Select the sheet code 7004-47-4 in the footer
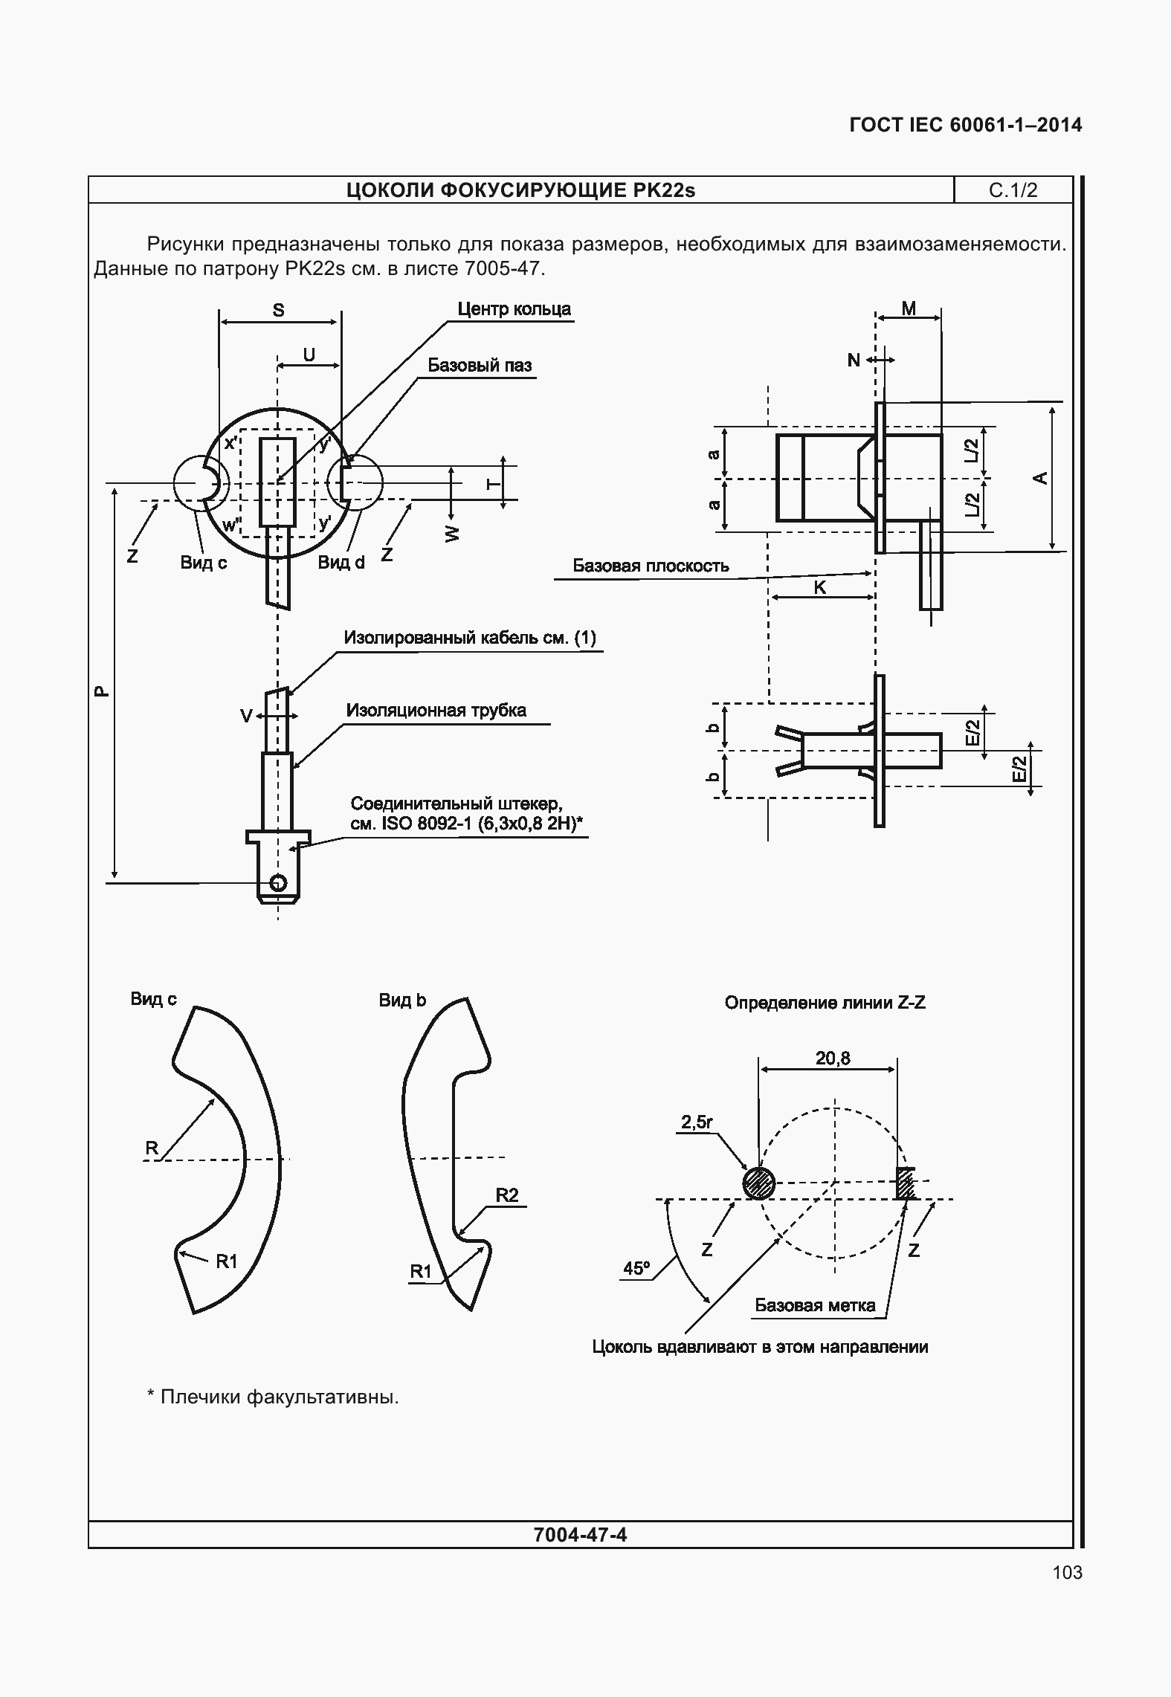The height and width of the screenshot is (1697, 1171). pyautogui.click(x=581, y=1534)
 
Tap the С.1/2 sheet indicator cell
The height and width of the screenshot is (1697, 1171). pyautogui.click(x=1013, y=190)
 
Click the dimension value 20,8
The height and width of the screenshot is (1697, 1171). pyautogui.click(x=833, y=1058)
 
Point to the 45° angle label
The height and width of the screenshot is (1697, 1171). pyautogui.click(x=636, y=1268)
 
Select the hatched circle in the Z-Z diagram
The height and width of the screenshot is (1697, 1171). pyautogui.click(x=758, y=1183)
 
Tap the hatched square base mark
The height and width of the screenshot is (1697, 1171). pyautogui.click(x=905, y=1183)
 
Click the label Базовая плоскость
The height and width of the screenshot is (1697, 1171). pyautogui.click(x=651, y=566)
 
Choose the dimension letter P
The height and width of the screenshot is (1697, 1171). pyautogui.click(x=101, y=691)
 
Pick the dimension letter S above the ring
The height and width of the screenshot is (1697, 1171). pyautogui.click(x=278, y=310)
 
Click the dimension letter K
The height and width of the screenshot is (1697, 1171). pyautogui.click(x=820, y=587)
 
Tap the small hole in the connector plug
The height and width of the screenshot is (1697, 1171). pyautogui.click(x=278, y=882)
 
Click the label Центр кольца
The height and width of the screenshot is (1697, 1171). pyautogui.click(x=514, y=309)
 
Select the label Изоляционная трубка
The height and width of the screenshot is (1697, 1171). pyautogui.click(x=436, y=710)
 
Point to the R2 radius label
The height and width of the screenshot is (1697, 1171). pyautogui.click(x=507, y=1195)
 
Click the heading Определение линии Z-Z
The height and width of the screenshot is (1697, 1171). pyautogui.click(x=825, y=1003)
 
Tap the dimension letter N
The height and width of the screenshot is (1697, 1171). pyautogui.click(x=854, y=361)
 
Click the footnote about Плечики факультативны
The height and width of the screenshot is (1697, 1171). pyautogui.click(x=273, y=1397)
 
